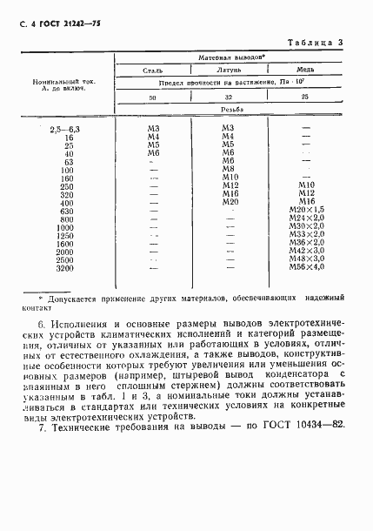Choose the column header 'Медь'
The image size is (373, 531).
[304, 71]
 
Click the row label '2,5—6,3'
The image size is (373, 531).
[65, 130]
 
